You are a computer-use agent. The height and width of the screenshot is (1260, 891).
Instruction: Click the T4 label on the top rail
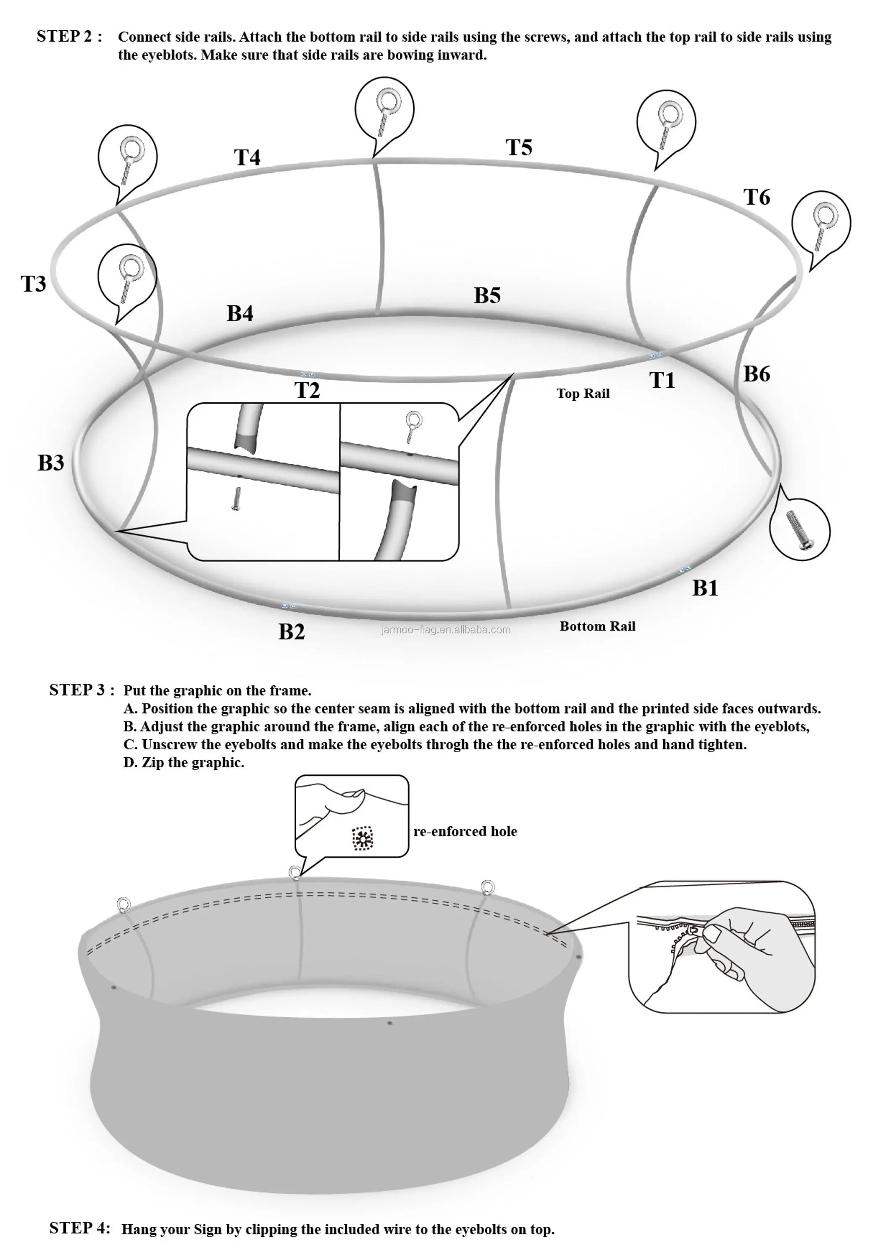pyautogui.click(x=247, y=157)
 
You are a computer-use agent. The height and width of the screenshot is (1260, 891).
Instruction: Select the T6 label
pyautogui.click(x=757, y=197)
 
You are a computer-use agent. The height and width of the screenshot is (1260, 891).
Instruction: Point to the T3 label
pyautogui.click(x=34, y=284)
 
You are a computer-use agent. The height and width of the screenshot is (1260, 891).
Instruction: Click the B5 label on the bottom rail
pyautogui.click(x=487, y=295)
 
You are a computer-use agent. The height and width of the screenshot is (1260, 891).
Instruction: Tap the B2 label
pyautogui.click(x=291, y=632)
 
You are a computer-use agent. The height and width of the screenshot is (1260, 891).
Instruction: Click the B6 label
pyautogui.click(x=757, y=374)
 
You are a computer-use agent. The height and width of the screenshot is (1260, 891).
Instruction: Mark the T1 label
pyautogui.click(x=662, y=380)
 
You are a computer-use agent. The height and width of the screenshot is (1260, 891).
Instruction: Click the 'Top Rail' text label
pyautogui.click(x=583, y=394)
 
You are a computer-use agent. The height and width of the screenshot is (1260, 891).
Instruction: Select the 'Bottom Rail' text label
pyautogui.click(x=597, y=626)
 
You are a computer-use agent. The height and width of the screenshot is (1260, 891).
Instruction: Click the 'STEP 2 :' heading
pyautogui.click(x=69, y=36)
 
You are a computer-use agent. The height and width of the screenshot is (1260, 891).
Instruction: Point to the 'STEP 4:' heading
pyautogui.click(x=79, y=1228)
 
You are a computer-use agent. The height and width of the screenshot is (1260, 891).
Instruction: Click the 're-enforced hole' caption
pyautogui.click(x=465, y=832)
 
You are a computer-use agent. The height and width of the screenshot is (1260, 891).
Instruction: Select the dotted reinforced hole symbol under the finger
pyautogui.click(x=363, y=839)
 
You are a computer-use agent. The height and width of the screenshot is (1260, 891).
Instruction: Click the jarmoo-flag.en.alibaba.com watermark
pyautogui.click(x=446, y=630)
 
